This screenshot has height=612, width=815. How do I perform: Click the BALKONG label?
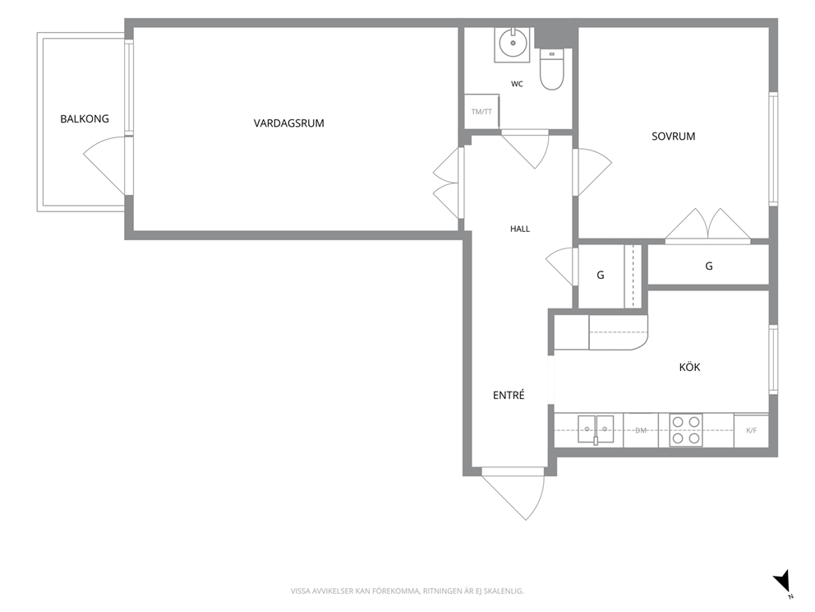click(85, 118)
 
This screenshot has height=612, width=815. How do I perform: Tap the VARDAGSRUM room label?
click(289, 123)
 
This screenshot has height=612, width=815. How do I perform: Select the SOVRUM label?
click(673, 137)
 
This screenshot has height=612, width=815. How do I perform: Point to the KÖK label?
click(690, 367)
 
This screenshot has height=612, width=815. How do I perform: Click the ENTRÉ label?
click(509, 395)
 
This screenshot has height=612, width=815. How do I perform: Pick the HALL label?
click(520, 229)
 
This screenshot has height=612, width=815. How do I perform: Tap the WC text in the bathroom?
click(517, 84)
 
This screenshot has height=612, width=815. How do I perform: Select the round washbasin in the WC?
click(513, 44)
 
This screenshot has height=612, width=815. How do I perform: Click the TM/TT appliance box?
click(481, 111)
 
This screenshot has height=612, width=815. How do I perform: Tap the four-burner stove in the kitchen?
click(685, 430)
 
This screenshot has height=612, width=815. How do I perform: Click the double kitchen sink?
click(596, 430)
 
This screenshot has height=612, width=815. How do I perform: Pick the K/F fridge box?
click(751, 430)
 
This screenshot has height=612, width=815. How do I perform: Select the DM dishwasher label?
click(641, 430)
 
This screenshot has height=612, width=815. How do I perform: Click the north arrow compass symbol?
click(783, 582)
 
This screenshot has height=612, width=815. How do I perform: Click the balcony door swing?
click(104, 165)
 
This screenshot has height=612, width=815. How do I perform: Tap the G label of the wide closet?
click(709, 266)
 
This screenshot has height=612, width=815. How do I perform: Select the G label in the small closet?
click(601, 275)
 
